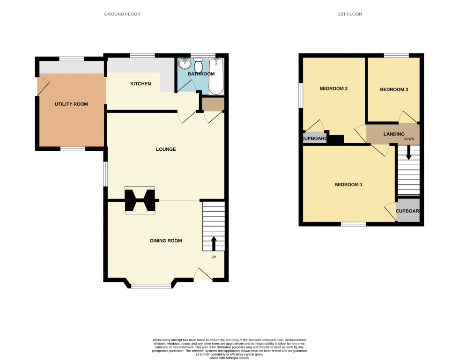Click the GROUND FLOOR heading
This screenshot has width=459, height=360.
click(122, 14)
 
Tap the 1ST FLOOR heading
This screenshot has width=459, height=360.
click(350, 14)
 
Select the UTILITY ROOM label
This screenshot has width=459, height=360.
click(71, 104)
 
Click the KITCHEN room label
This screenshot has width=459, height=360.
click(141, 84)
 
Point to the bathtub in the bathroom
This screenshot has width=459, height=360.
click(216, 76)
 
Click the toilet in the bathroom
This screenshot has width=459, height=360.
click(198, 65)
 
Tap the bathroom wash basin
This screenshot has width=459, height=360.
click(185, 63)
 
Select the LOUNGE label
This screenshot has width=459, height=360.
click(166, 149)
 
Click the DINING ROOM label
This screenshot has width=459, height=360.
click(166, 241)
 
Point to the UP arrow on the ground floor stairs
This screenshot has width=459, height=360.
click(214, 243)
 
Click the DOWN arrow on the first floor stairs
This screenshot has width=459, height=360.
click(408, 153)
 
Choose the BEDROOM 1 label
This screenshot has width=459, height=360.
click(348, 185)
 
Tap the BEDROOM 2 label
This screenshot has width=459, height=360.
click(333, 88)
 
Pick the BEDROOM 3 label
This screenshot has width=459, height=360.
click(394, 89)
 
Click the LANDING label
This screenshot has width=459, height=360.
click(394, 134)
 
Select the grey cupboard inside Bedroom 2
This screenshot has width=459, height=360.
click(315, 138)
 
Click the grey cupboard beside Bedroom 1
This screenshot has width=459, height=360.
click(408, 211)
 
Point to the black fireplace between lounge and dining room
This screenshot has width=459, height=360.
click(140, 200)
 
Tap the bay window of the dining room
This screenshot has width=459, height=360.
click(151, 286)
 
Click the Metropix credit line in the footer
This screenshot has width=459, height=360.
click(229, 358)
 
